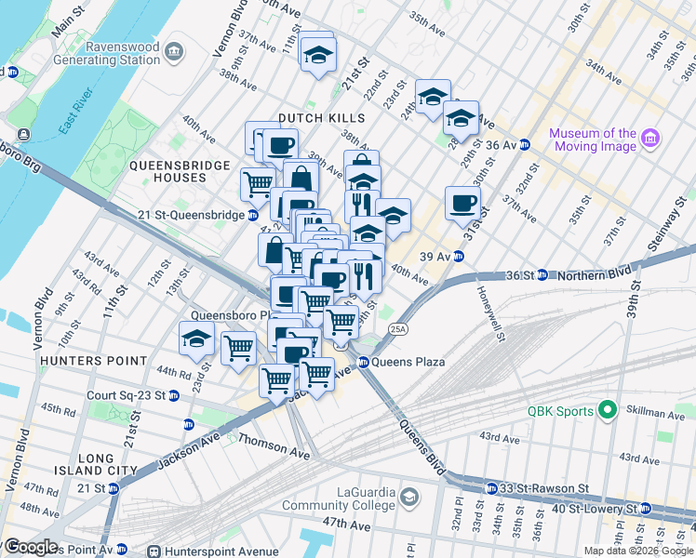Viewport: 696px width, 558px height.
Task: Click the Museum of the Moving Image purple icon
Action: [x=650, y=139]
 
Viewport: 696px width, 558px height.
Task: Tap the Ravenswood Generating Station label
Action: [x=123, y=54]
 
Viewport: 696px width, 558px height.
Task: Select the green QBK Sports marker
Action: [x=608, y=409]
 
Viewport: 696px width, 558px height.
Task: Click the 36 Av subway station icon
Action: [x=525, y=145]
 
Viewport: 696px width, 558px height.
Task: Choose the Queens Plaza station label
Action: [x=408, y=362]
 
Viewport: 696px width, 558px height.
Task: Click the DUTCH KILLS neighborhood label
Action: [x=323, y=118]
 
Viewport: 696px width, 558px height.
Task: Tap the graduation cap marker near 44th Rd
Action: [x=196, y=340]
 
